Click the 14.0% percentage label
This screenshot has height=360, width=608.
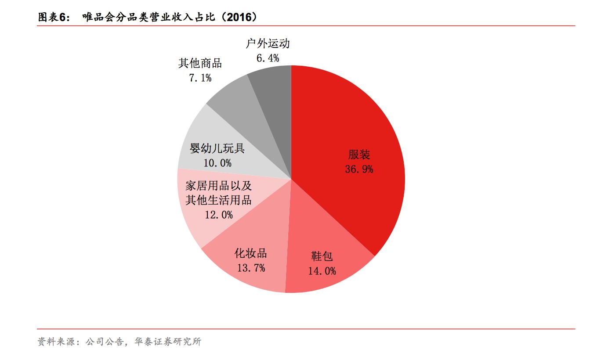(x=322, y=271)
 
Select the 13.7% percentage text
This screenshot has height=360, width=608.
(x=251, y=268)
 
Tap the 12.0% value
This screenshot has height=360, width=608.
(x=218, y=215)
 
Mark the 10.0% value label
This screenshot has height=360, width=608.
(x=217, y=163)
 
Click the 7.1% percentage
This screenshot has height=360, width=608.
(x=200, y=78)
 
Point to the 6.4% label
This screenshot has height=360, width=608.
(x=268, y=58)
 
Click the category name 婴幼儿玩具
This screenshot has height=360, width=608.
(x=217, y=148)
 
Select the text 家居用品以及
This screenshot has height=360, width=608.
(x=218, y=185)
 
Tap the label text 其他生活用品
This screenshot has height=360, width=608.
(x=218, y=200)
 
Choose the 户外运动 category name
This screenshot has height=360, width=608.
(x=268, y=43)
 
